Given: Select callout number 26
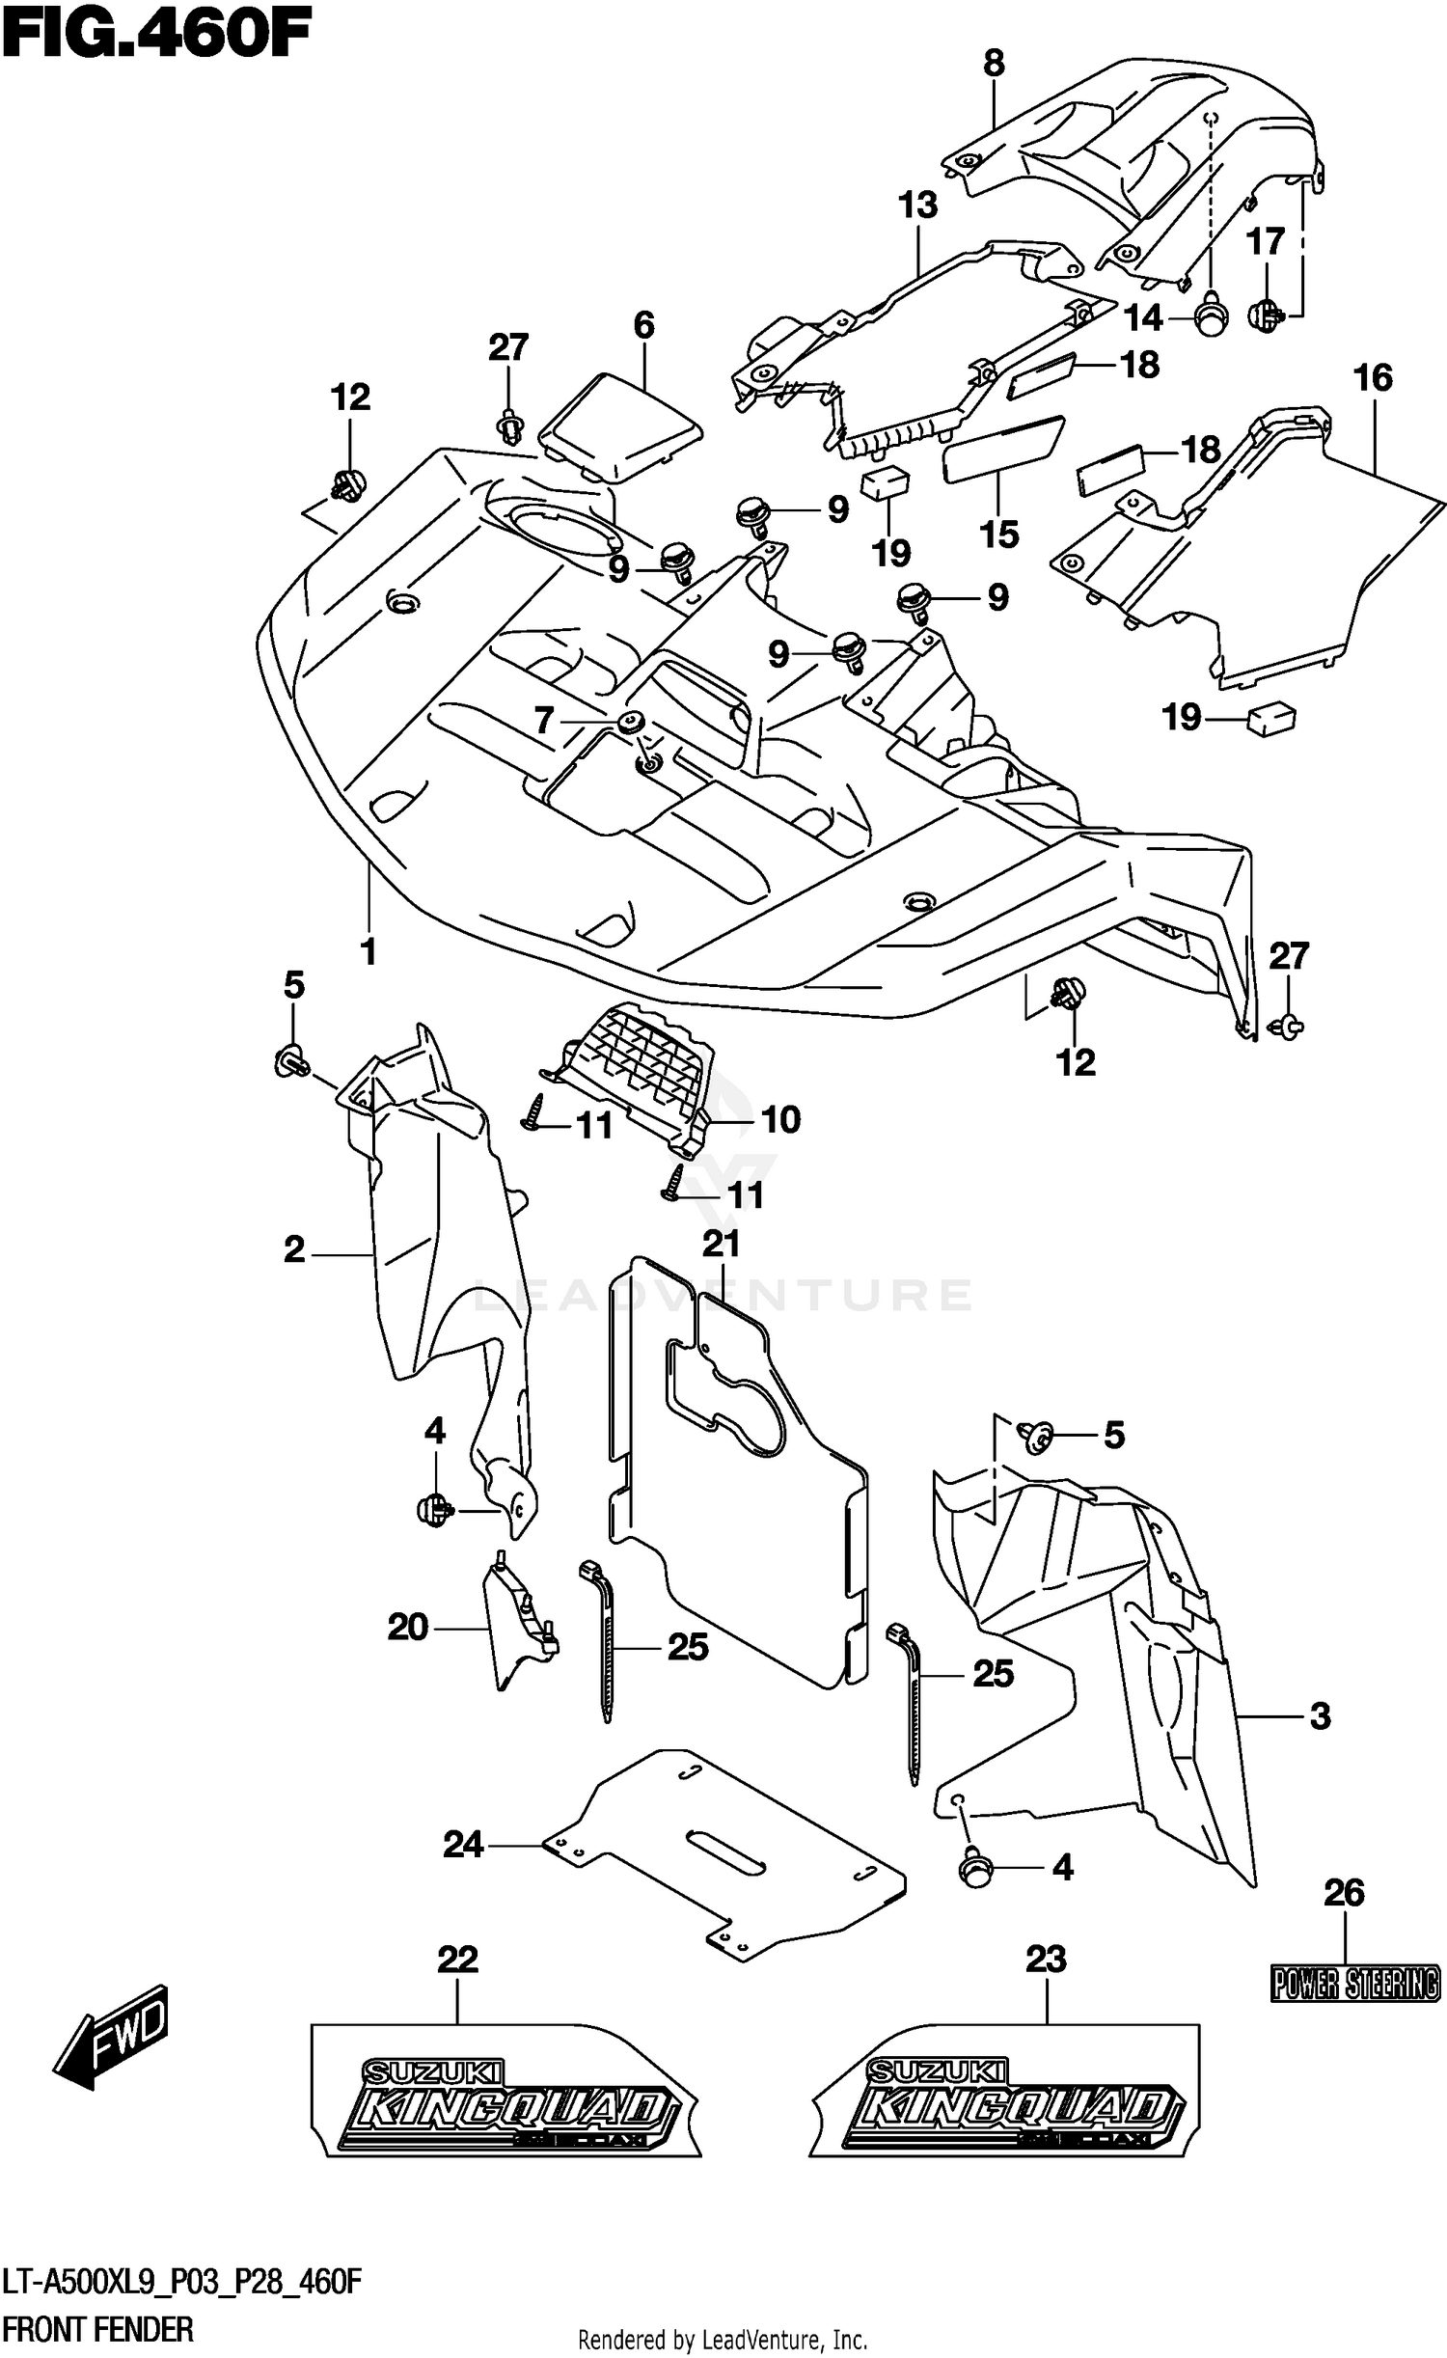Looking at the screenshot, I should point(1343,1894).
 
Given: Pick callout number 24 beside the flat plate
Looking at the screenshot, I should point(462,1845).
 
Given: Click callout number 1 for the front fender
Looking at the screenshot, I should point(368,950).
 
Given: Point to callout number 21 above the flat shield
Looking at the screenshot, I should point(721,1243).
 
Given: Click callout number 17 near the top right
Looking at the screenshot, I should point(1266,240).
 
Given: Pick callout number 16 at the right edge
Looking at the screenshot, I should point(1372,377).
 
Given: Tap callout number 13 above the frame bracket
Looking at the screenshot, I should point(917,205).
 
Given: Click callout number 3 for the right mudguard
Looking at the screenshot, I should point(1319,1715).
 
